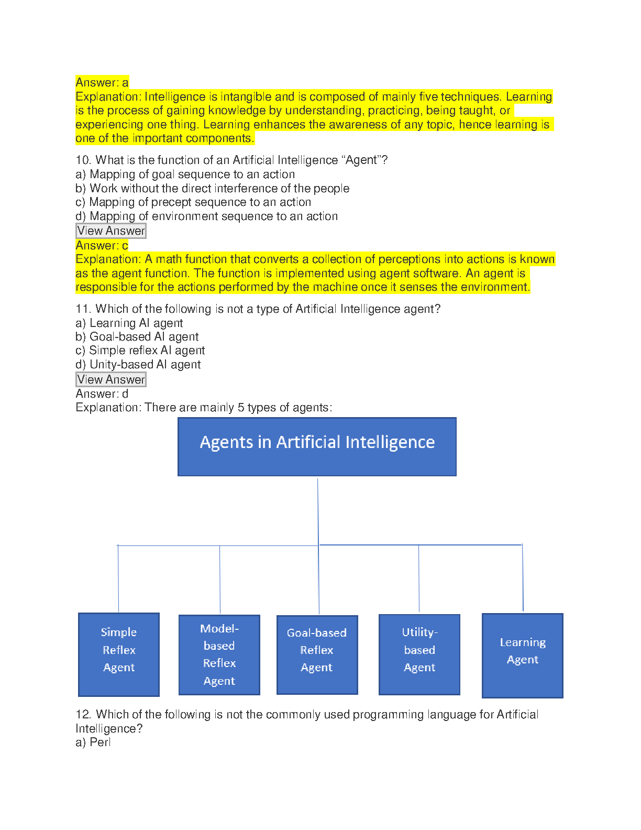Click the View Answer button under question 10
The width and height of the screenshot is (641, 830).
click(111, 231)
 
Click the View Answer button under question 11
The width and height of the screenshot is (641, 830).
click(111, 379)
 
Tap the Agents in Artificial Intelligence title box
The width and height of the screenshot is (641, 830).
click(317, 446)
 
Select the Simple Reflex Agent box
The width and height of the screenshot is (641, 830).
click(119, 654)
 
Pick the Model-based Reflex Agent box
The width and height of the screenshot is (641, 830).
click(219, 654)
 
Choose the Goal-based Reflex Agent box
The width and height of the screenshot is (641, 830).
click(317, 654)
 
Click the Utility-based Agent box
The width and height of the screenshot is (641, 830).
click(419, 654)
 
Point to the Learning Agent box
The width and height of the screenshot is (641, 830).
click(523, 655)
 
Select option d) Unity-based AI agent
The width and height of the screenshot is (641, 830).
click(138, 365)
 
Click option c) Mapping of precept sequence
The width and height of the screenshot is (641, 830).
click(193, 202)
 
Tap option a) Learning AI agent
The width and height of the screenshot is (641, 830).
click(129, 323)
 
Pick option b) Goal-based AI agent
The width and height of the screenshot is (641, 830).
click(137, 337)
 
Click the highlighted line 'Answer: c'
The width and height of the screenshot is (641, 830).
click(102, 245)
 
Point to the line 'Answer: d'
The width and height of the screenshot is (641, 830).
click(102, 394)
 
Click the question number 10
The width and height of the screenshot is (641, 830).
click(83, 160)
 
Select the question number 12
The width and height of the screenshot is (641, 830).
click(83, 715)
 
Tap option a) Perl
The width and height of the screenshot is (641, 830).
click(93, 742)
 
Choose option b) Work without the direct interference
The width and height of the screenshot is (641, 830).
click(213, 189)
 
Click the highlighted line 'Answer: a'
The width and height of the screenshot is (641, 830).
click(102, 82)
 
